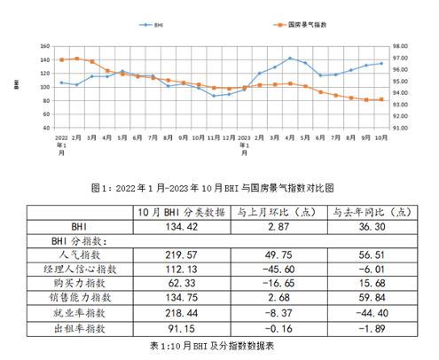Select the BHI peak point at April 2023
290,59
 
